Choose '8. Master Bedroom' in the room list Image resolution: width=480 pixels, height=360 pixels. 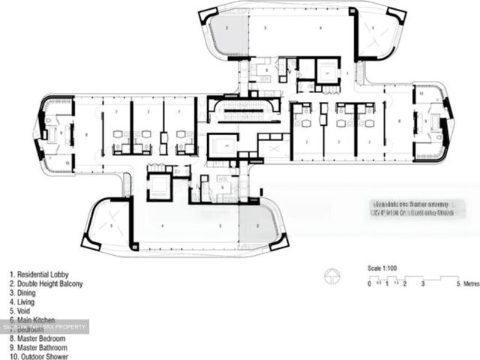tap(38, 339)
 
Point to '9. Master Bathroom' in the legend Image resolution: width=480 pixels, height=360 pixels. tap(39, 348)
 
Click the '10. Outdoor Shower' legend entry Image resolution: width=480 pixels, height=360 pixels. tap(39, 357)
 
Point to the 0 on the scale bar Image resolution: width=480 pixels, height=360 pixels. tap(370, 284)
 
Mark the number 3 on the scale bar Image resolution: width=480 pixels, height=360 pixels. tap(423, 284)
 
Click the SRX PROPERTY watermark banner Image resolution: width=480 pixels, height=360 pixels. tap(44, 326)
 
